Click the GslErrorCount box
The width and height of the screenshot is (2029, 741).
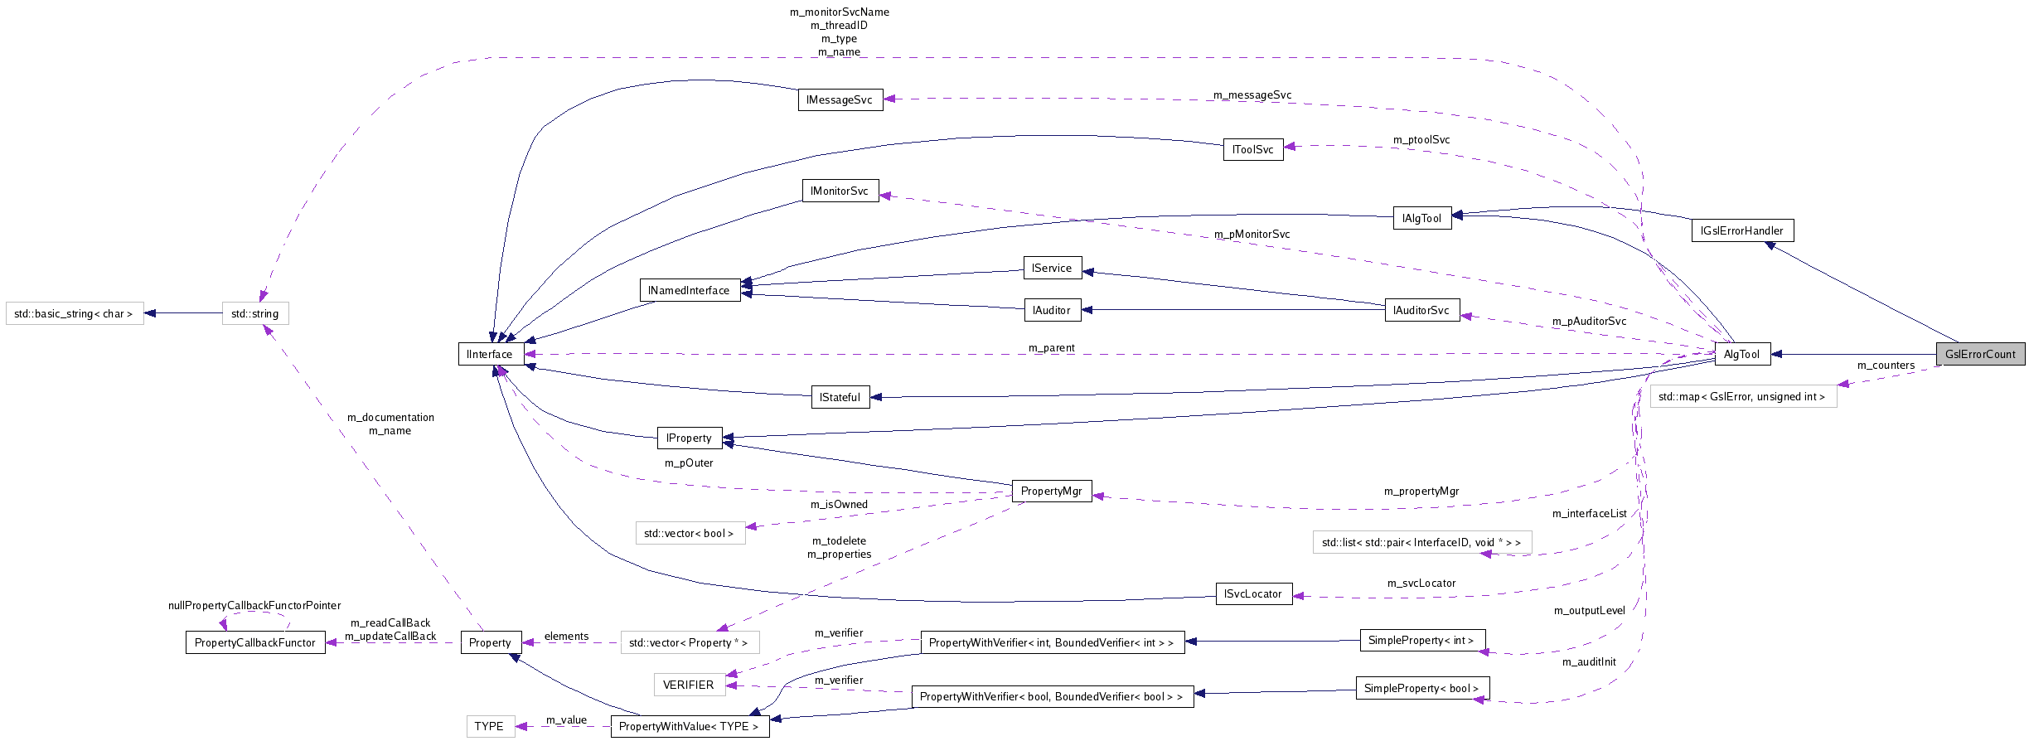point(1980,354)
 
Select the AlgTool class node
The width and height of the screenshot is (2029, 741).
point(1741,354)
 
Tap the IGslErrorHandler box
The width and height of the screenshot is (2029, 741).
point(1741,230)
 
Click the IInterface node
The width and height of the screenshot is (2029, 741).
point(490,354)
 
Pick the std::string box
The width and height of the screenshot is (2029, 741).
point(255,313)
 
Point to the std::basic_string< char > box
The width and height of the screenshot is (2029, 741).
point(74,313)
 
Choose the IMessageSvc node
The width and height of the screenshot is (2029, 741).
point(840,99)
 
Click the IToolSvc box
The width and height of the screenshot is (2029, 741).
point(1252,149)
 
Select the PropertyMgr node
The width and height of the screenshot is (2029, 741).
point(1051,491)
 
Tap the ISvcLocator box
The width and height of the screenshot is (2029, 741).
point(1253,593)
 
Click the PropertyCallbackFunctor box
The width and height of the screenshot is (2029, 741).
point(254,642)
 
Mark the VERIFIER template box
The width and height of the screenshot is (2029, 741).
point(689,685)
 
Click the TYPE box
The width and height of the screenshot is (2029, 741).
point(489,726)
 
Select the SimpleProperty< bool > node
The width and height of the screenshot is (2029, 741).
point(1421,688)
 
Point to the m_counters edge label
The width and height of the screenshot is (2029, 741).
point(1886,366)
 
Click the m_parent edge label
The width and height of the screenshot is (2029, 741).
point(1051,348)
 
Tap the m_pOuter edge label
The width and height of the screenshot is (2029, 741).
point(689,463)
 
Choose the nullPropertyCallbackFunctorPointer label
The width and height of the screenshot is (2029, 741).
point(254,606)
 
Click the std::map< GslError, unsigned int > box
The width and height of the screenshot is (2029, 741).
point(1742,396)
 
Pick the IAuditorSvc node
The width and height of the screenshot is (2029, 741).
point(1421,310)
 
